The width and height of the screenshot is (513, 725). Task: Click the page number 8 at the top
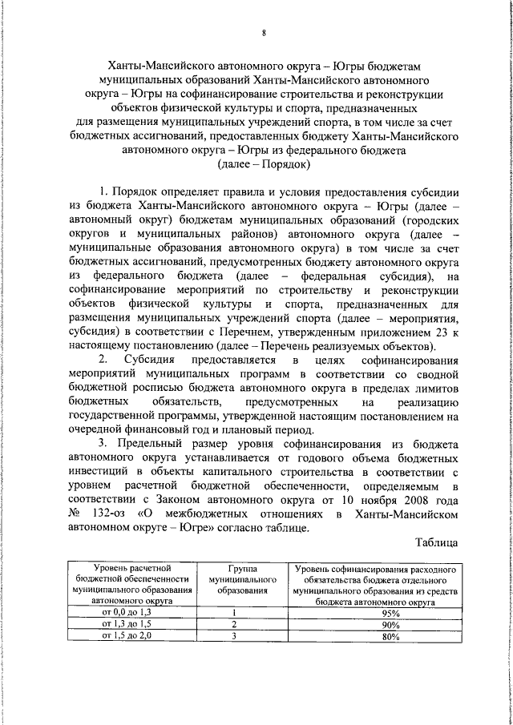click(264, 31)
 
